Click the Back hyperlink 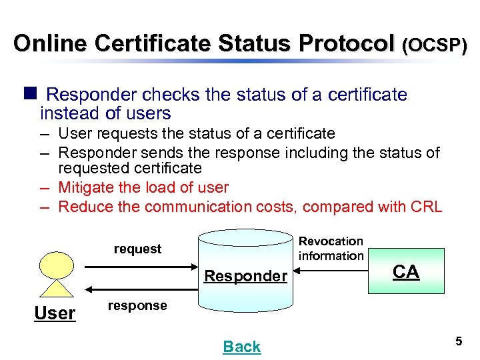pyautogui.click(x=242, y=347)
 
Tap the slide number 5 pyautogui.click(x=459, y=341)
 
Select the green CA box pyautogui.click(x=406, y=271)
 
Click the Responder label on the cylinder pyautogui.click(x=245, y=275)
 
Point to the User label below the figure pyautogui.click(x=55, y=313)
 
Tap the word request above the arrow pyautogui.click(x=137, y=249)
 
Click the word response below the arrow pyautogui.click(x=137, y=305)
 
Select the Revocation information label pyautogui.click(x=331, y=248)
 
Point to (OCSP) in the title pyautogui.click(x=434, y=45)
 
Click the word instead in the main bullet pyautogui.click(x=67, y=113)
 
